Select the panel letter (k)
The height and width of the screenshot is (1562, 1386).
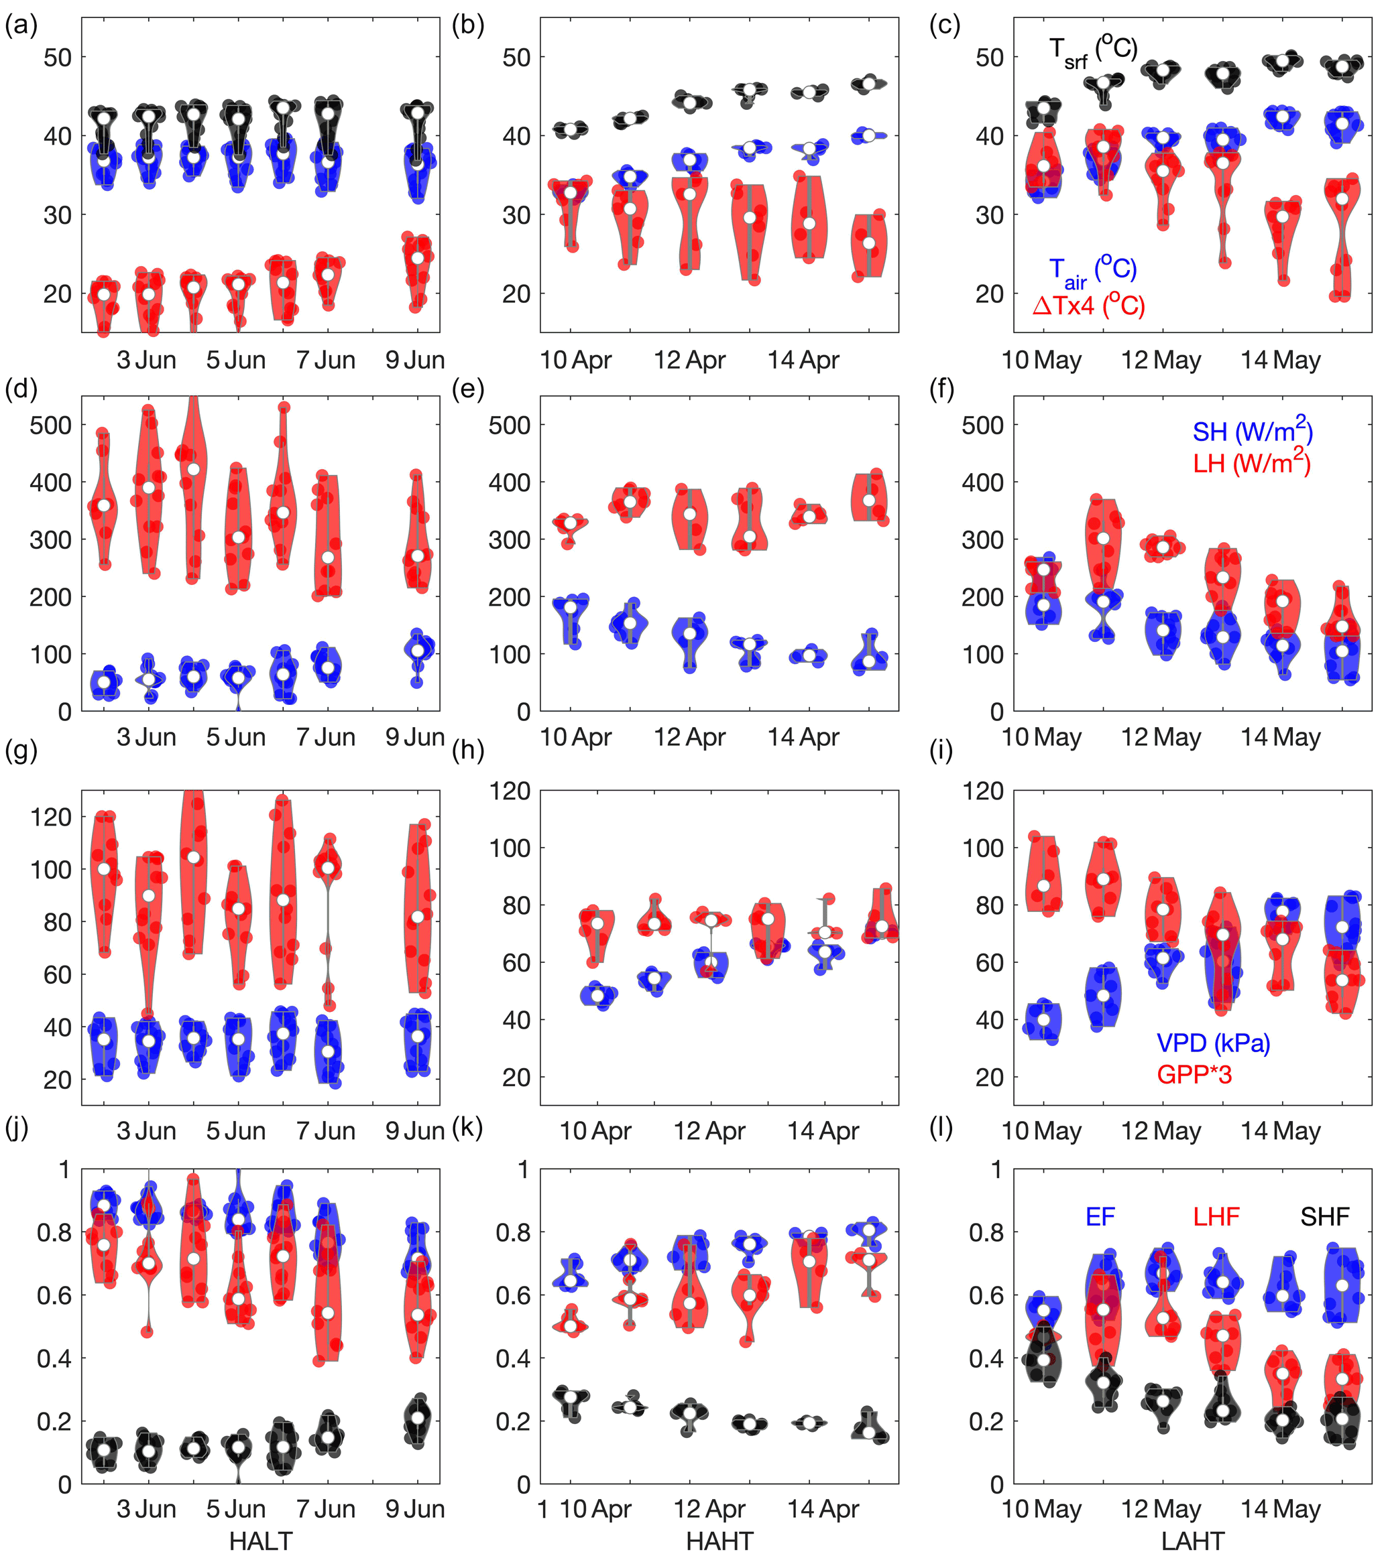(x=467, y=1127)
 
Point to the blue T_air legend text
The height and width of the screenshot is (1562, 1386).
(x=1092, y=271)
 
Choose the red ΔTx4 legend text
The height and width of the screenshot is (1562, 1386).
(x=1089, y=306)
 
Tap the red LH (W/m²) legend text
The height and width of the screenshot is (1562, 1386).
(x=1251, y=462)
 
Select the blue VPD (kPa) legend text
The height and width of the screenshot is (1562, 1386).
(x=1213, y=1043)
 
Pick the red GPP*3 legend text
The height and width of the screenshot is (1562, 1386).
(x=1194, y=1074)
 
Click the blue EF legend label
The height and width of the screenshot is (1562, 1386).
(x=1100, y=1217)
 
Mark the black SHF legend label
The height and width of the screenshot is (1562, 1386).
(x=1325, y=1217)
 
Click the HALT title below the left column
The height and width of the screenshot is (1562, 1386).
(x=261, y=1541)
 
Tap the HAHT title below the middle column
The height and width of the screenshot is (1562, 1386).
(x=719, y=1541)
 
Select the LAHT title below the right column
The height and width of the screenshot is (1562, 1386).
(x=1193, y=1541)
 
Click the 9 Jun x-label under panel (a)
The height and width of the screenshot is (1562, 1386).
(x=415, y=360)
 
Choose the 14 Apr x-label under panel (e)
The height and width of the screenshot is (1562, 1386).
(x=803, y=737)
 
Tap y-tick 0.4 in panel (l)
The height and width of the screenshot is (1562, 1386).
(x=986, y=1358)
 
